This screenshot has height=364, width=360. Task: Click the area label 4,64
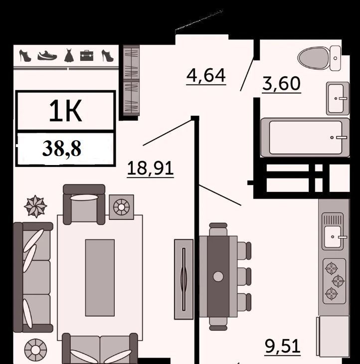coord(206,76)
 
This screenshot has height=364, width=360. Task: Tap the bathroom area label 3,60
coord(281,84)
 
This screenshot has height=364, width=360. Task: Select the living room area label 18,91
coord(150,169)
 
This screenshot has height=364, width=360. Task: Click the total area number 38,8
coord(62,149)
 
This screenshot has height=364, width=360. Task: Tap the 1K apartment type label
coord(65,111)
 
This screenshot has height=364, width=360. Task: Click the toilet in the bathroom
coord(319,58)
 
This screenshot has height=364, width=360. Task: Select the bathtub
coord(305,138)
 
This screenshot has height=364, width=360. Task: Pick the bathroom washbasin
coord(338,98)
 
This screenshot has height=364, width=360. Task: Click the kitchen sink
coord(333,231)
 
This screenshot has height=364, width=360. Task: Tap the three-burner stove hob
coord(334,281)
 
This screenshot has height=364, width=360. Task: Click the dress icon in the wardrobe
coord(69,55)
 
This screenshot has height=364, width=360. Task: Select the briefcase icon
coord(87,56)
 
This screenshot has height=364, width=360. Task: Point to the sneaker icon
coord(47,56)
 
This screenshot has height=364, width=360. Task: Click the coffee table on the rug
coord(100,278)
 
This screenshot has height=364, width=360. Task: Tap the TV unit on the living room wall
coord(183,280)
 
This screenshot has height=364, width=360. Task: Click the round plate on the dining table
coord(218,276)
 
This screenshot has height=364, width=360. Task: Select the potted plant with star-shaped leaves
coord(35,206)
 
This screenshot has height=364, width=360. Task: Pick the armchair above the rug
coord(84,204)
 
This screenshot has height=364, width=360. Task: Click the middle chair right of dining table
coord(244,276)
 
